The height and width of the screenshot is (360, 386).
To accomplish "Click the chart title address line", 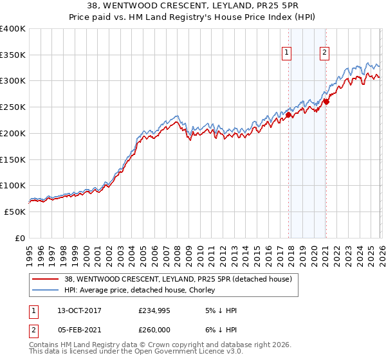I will pos(193,6).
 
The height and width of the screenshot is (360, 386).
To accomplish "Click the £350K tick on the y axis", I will pos(13,55).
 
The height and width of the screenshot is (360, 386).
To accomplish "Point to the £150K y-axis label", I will pos(13,159).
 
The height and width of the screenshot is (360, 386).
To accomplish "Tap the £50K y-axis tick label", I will pos(15,212).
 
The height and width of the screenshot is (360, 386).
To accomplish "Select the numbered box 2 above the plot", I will pos(324,53).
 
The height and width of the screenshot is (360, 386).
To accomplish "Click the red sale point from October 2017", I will pos(289,115).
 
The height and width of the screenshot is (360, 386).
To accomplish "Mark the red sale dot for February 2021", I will pos(326,102).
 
